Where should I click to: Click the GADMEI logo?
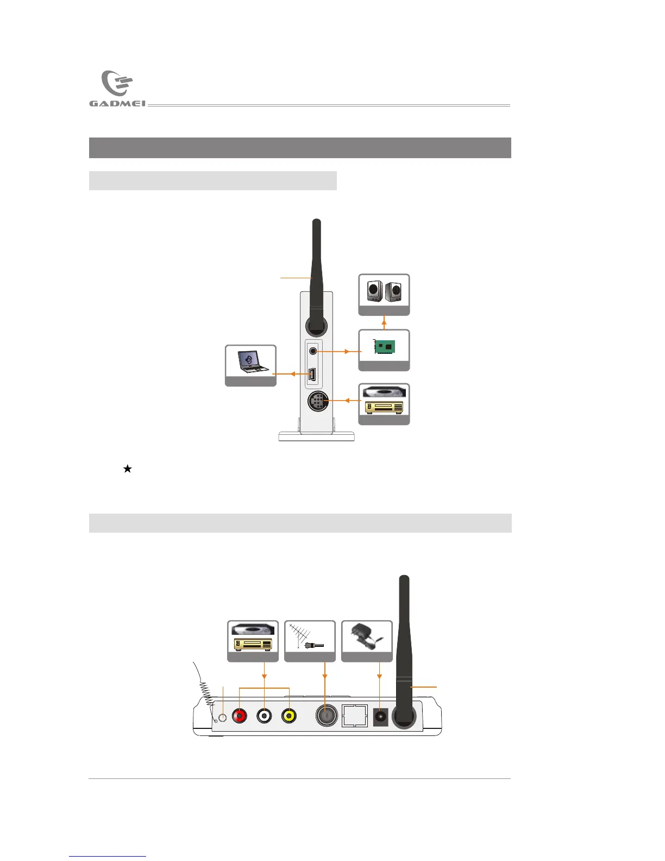(117, 89)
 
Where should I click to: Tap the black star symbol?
(128, 469)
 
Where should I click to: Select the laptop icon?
(250, 361)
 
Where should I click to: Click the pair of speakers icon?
(384, 291)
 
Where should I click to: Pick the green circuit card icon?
(384, 347)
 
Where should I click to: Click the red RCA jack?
(239, 716)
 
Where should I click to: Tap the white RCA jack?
(264, 716)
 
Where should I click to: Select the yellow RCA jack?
(289, 716)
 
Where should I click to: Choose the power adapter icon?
(367, 638)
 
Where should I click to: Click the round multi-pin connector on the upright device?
(317, 402)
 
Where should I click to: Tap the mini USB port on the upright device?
(312, 374)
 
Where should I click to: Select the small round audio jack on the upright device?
(313, 351)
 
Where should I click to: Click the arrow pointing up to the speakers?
(384, 322)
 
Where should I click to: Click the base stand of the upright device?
(316, 436)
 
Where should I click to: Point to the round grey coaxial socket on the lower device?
(325, 716)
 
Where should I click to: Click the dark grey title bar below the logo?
(300, 148)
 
